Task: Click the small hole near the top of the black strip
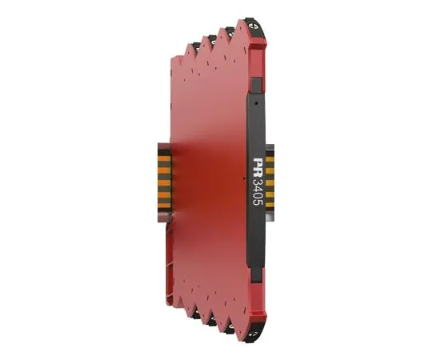pos(257,103)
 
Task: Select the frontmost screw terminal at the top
pos(255,26)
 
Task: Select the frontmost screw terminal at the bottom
pos(254,334)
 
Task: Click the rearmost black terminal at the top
pos(196,45)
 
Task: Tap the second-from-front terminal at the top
pos(230,30)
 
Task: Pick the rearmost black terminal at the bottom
pos(196,314)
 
